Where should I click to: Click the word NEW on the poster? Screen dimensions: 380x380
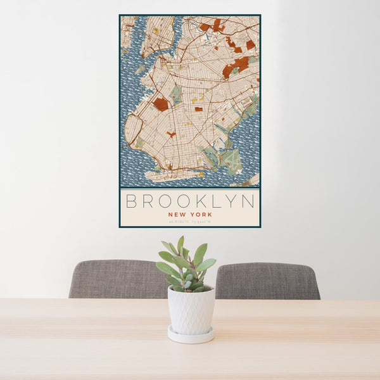pyautogui.click(x=177, y=215)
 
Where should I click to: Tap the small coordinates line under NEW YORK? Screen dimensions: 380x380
pyautogui.click(x=189, y=221)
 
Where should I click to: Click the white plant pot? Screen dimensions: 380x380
pyautogui.click(x=191, y=310)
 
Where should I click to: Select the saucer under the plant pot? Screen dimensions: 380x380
pyautogui.click(x=191, y=335)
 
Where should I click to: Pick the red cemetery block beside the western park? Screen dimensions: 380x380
pyautogui.click(x=161, y=104)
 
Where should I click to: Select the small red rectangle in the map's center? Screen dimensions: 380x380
pyautogui.click(x=198, y=109)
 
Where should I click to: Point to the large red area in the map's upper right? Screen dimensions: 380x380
pyautogui.click(x=239, y=64)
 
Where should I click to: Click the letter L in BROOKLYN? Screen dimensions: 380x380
pyautogui.click(x=214, y=201)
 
